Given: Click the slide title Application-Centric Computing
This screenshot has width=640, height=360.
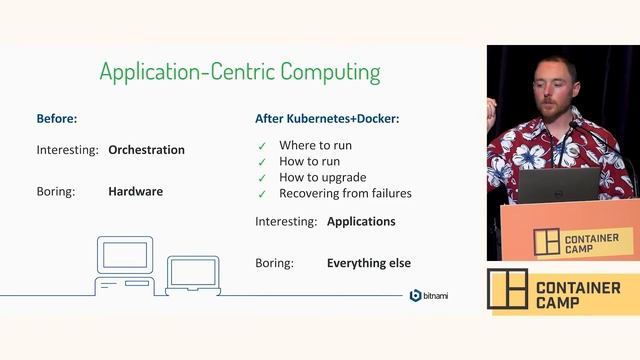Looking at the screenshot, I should [x=240, y=72].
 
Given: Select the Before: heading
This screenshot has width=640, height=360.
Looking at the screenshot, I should [x=57, y=118].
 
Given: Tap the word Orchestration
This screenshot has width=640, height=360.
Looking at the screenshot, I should [x=146, y=150].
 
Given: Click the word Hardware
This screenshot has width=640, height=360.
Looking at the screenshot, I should [x=135, y=190].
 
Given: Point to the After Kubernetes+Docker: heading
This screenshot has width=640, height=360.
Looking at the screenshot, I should [x=327, y=118].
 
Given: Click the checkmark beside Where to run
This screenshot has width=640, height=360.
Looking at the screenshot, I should [x=262, y=146].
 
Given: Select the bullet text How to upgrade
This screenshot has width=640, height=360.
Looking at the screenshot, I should [x=321, y=177].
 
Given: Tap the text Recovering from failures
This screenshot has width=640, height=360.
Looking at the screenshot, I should [x=345, y=193].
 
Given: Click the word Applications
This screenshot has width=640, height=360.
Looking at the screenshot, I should [x=361, y=221].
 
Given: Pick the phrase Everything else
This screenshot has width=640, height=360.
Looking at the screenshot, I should [x=368, y=263].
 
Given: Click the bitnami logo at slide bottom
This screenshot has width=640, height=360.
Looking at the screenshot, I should [x=429, y=295].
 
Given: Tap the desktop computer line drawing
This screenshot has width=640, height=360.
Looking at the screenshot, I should [x=125, y=266].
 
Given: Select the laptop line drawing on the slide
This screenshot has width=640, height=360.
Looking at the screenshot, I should [x=193, y=275].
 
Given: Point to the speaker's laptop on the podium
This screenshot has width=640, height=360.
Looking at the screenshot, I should [x=558, y=185].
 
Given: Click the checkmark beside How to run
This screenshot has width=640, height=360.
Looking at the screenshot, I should [x=262, y=162].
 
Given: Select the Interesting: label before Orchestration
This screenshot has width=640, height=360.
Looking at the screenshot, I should [x=67, y=150].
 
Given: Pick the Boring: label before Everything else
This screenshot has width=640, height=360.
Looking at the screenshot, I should [x=275, y=263].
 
